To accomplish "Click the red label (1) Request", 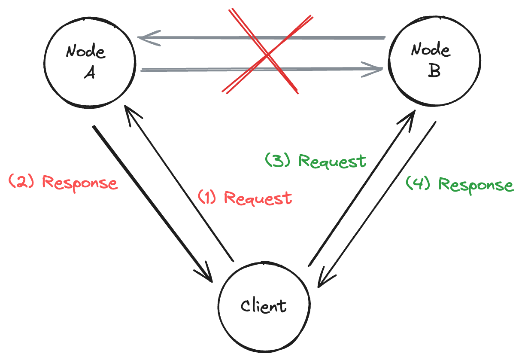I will pos(245,198).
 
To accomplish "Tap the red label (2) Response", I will pos(63,182).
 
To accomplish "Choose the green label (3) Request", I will pos(316,161).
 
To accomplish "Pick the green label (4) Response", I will pos(459,185).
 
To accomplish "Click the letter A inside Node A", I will pos(89,73).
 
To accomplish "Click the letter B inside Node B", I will pos(434,71).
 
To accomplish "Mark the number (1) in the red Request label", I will pos(208,198).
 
